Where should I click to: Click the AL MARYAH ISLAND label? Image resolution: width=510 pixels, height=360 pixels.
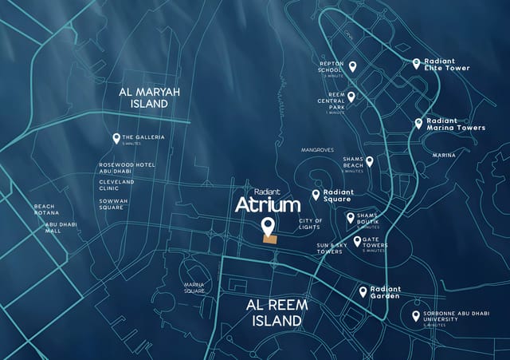tap(149, 97)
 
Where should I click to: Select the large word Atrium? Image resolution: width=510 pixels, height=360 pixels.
tap(268, 205)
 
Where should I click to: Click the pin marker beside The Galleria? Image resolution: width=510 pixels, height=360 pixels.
tap(116, 138)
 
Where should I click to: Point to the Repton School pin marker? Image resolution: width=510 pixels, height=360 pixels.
tap(351, 67)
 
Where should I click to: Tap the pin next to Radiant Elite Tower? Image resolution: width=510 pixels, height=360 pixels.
tap(416, 63)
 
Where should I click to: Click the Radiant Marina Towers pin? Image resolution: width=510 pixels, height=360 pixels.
tap(418, 123)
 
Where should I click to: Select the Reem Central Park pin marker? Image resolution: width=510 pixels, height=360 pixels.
tap(351, 97)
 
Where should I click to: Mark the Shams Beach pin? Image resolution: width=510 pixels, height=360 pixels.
tap(369, 161)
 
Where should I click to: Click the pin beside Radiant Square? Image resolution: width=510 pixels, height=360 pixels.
tap(316, 194)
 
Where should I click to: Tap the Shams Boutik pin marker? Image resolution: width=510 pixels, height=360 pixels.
tap(350, 217)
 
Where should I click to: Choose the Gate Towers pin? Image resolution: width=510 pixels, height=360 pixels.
tap(357, 240)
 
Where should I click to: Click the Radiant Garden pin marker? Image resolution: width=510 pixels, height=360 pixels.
tap(363, 292)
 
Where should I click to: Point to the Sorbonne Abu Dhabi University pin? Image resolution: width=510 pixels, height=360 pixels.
tap(415, 316)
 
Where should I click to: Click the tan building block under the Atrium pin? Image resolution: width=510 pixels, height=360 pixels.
tap(271, 238)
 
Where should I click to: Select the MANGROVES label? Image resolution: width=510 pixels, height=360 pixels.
tap(317, 150)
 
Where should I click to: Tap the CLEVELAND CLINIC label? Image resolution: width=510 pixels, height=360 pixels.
tap(116, 184)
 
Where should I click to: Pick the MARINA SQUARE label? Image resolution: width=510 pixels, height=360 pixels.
tap(194, 287)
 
